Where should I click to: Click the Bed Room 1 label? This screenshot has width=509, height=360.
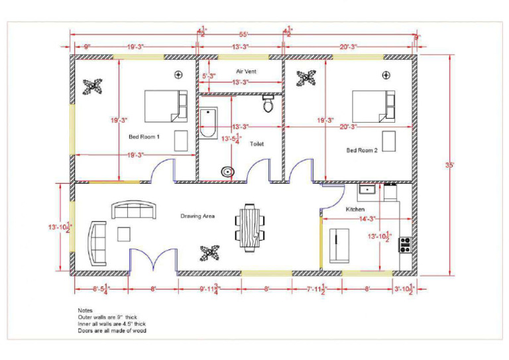[144, 137]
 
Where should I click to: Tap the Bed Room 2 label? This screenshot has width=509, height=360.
[362, 150]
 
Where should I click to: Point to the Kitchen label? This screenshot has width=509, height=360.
[355, 210]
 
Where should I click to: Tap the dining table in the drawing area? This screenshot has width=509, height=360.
[251, 229]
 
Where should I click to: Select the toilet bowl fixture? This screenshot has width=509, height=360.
[268, 103]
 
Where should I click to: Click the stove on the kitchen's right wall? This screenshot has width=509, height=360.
[405, 245]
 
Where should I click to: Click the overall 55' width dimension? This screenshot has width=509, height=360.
[243, 34]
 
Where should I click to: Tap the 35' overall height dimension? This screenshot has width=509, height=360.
[459, 164]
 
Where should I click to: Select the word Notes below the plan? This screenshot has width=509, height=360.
[85, 310]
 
